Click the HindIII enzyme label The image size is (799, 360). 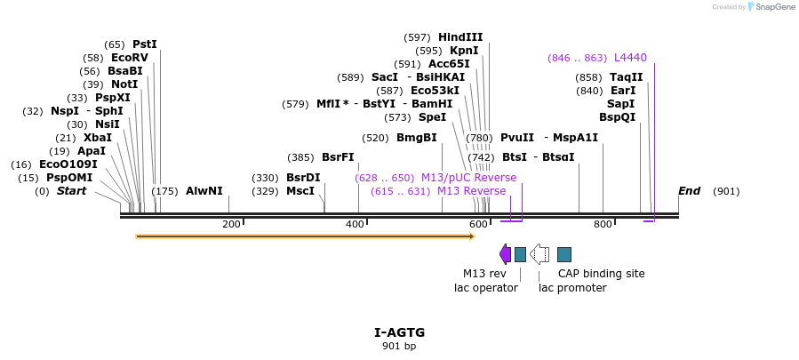click(460, 37)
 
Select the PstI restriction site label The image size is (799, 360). click(144, 44)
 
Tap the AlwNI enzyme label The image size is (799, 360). click(204, 191)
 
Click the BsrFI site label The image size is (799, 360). click(338, 157)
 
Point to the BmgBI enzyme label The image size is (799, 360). click(416, 138)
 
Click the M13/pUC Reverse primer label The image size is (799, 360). click(468, 178)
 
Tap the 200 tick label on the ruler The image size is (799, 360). click(231, 224)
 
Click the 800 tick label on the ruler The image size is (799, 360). click(603, 224)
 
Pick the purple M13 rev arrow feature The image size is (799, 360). click(505, 254)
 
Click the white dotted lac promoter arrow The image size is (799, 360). click(539, 254)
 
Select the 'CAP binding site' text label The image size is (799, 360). click(601, 274)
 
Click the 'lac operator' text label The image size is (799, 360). click(485, 288)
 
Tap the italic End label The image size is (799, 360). click(689, 191)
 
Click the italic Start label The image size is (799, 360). click(72, 191)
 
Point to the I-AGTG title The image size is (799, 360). click(399, 332)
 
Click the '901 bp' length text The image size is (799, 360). click(399, 347)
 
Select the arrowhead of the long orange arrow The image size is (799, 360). click(471, 236)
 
